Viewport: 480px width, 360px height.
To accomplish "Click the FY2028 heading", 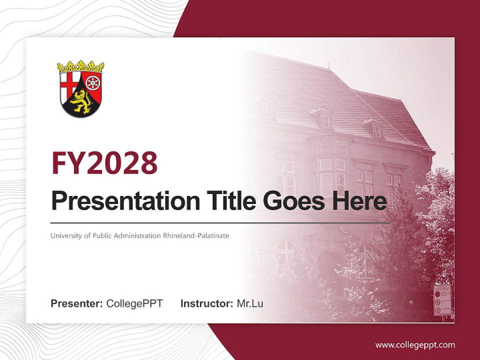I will pos(104,163).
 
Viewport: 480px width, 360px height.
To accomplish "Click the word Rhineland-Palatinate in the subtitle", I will pos(196,235).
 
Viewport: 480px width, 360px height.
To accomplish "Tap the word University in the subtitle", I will pos(65,235).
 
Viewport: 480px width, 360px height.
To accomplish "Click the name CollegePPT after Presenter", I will pos(134,303).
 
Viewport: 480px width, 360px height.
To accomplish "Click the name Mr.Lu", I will pos(250,303).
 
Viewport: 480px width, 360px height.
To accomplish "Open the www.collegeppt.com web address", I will pos(415,345).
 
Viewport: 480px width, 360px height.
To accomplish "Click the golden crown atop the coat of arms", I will pos(80,67).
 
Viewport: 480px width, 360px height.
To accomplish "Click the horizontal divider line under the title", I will pos(220,222).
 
